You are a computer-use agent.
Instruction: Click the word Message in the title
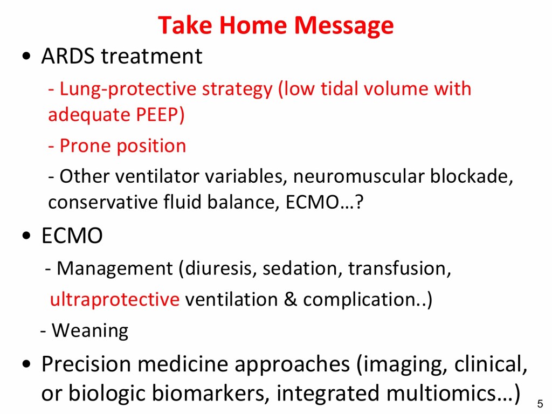[343, 26]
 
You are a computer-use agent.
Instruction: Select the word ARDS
[68, 56]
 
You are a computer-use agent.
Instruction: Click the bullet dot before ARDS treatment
[26, 56]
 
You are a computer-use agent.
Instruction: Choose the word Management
[115, 269]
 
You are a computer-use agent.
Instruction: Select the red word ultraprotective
[115, 300]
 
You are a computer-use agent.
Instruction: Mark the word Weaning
[90, 331]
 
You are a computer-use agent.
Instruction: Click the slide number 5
[540, 403]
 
